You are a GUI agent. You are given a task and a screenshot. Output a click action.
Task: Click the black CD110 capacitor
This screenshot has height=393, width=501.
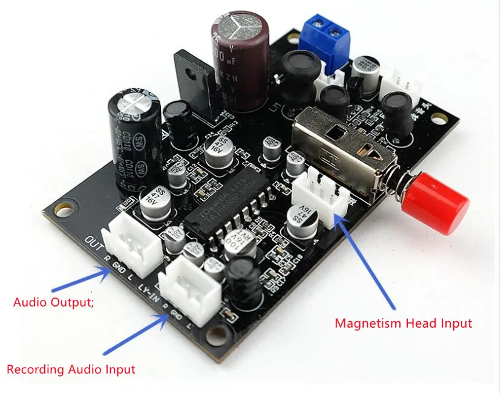click(x=135, y=139)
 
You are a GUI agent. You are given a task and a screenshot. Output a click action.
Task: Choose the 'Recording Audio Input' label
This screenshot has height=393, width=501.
click(x=71, y=369)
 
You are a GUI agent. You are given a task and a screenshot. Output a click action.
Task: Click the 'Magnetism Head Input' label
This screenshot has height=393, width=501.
click(x=403, y=323)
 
